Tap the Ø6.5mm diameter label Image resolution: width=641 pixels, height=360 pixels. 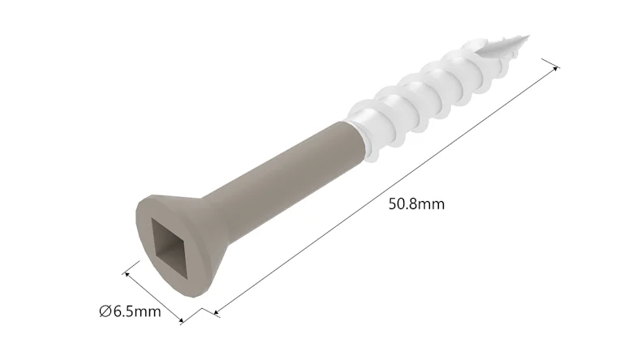(x=131, y=311)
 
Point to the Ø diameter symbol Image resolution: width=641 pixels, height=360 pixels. (x=105, y=311)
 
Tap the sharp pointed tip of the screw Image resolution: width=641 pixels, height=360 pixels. (x=527, y=36)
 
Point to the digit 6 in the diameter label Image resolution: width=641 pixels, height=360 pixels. (x=118, y=311)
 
